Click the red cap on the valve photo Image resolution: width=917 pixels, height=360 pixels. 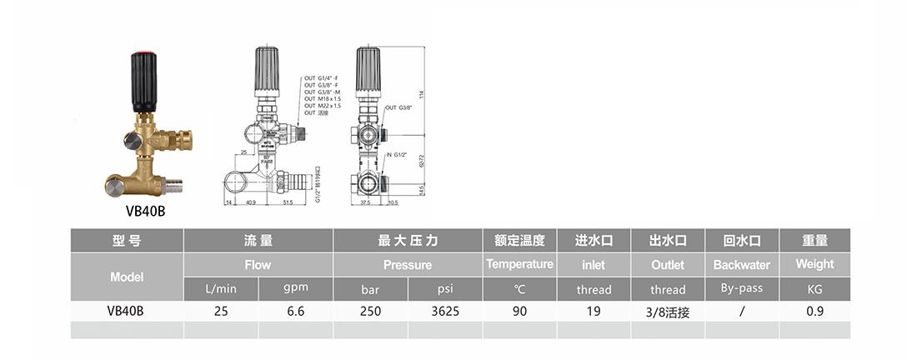tap(143, 56)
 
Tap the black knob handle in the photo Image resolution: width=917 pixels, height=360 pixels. tap(143, 83)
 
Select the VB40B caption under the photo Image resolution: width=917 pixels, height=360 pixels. tap(143, 211)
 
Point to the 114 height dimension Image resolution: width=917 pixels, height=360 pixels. tap(421, 93)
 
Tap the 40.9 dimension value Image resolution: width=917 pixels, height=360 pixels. tap(250, 202)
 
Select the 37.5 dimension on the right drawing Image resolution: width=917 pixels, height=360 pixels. tap(365, 202)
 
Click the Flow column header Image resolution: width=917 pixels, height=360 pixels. tap(258, 265)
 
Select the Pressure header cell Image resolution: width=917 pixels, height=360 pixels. tap(408, 265)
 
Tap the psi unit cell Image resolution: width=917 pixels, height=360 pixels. tap(445, 289)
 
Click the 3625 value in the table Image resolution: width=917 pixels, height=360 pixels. tap(445, 311)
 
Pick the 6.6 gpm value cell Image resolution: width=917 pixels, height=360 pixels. tap(295, 311)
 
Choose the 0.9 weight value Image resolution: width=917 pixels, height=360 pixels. tap(814, 311)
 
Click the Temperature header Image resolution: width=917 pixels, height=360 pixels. tap(519, 264)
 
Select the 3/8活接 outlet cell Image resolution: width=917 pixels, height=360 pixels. tap(668, 312)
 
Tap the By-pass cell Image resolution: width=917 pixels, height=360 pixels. tap(742, 288)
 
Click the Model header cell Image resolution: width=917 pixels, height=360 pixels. tap(127, 277)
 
